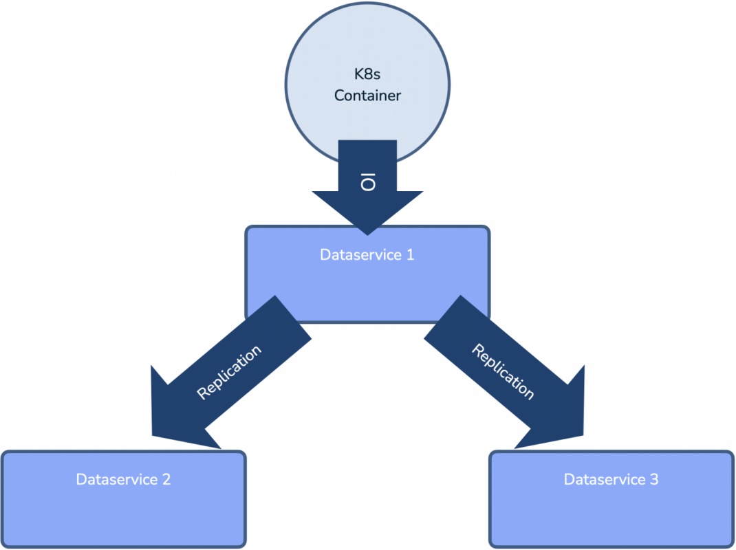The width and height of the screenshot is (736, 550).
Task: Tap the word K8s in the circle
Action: pos(367,74)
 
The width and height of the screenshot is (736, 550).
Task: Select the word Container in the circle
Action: pos(367,96)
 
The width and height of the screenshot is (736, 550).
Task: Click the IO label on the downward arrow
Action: pos(368,183)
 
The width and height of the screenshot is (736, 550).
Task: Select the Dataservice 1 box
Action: pos(367,289)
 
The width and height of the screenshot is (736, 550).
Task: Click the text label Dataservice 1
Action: pos(367,255)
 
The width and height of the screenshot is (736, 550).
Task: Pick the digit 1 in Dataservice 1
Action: pos(410,255)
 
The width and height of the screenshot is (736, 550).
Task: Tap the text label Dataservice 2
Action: pos(124,479)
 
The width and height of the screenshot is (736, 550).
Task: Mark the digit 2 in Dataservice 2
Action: pos(166,479)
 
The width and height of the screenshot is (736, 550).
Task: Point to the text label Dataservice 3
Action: pos(611,479)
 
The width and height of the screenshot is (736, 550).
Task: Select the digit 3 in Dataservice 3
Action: pos(654,479)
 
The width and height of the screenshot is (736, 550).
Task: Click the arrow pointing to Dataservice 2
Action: pos(230,372)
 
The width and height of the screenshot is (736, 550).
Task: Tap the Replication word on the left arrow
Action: pos(229,372)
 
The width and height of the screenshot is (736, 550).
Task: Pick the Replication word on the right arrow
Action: pos(503,372)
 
